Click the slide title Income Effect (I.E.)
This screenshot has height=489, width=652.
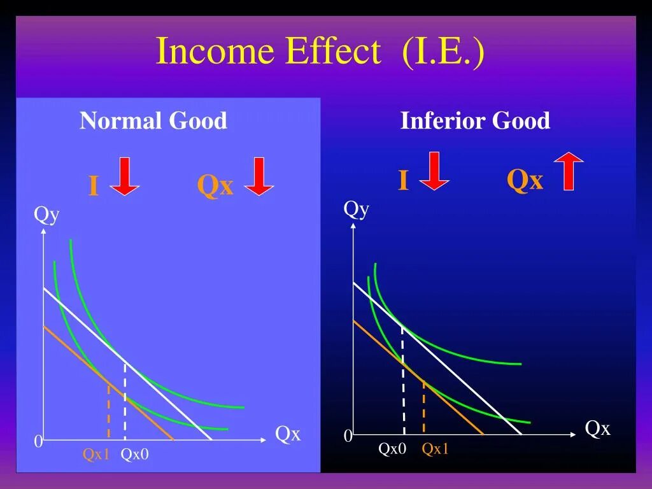[320, 52]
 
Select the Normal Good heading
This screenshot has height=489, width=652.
[153, 120]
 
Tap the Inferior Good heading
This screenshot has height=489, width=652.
[475, 120]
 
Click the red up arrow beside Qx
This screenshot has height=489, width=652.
[568, 171]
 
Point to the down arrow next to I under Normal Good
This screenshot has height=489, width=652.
[124, 177]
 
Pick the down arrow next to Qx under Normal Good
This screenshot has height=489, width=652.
[259, 177]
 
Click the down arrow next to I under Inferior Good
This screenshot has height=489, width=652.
[434, 171]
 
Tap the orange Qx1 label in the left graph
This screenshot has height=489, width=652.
[96, 455]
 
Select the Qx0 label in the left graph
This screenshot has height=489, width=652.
[134, 455]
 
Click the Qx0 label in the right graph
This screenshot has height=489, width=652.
[392, 449]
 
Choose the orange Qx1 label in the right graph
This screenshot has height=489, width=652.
[436, 449]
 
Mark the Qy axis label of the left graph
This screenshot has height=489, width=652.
[46, 215]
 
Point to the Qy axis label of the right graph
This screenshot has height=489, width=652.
[357, 209]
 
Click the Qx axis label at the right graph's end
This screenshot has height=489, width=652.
[597, 429]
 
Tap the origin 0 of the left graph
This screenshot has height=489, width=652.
[38, 442]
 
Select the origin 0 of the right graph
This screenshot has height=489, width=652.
[348, 437]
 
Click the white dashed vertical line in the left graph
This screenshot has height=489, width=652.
[125, 401]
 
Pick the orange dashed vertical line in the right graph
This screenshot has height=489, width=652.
[424, 407]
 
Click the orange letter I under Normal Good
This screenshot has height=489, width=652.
[94, 187]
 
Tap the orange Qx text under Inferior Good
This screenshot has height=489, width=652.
[525, 181]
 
